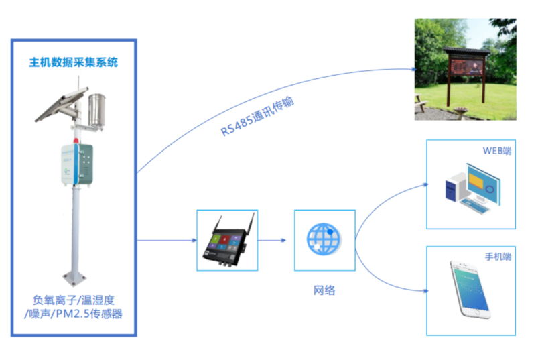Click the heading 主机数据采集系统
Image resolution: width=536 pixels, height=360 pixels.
[74, 62]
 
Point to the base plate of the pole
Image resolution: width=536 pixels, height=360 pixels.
[75, 275]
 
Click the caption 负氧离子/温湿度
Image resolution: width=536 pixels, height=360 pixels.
[74, 300]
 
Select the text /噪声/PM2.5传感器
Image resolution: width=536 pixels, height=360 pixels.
[74, 314]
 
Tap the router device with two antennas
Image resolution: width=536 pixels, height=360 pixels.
[226, 241]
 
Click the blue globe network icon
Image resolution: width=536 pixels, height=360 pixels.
[324, 239]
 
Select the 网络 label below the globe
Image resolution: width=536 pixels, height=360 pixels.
[324, 290]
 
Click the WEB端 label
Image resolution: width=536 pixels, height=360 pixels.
[496, 150]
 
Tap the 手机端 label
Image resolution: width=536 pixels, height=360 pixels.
[498, 257]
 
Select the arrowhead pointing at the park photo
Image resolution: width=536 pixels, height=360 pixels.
[410, 68]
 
